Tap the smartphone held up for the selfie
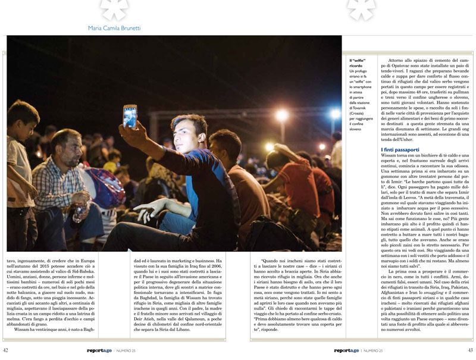click(130, 115)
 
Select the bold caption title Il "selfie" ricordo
click(359, 63)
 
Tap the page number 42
click(6, 350)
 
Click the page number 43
click(469, 350)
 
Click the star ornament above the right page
click(361, 7)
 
